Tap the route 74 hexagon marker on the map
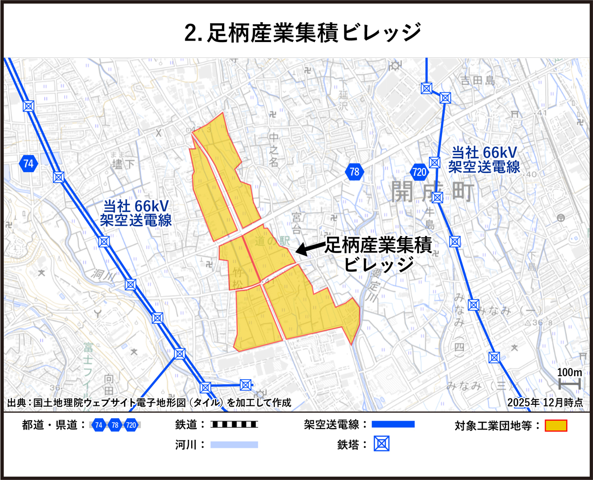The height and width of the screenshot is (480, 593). click(x=29, y=164)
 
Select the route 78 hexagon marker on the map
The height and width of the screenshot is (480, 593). click(x=354, y=172)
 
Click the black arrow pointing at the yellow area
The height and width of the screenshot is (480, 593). click(x=309, y=250)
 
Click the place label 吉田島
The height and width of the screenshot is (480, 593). click(x=477, y=80)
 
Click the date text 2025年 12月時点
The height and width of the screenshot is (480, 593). click(x=545, y=402)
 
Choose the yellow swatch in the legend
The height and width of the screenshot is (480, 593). click(x=555, y=425)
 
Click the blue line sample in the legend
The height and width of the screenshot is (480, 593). click(x=393, y=425)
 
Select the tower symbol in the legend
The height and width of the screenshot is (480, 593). click(x=381, y=444)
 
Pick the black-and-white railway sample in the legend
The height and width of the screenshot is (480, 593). click(x=234, y=425)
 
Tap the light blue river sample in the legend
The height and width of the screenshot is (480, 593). click(x=234, y=444)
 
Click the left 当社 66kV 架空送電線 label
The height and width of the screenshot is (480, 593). click(x=136, y=213)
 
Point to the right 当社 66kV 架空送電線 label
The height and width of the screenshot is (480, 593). click(x=484, y=160)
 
